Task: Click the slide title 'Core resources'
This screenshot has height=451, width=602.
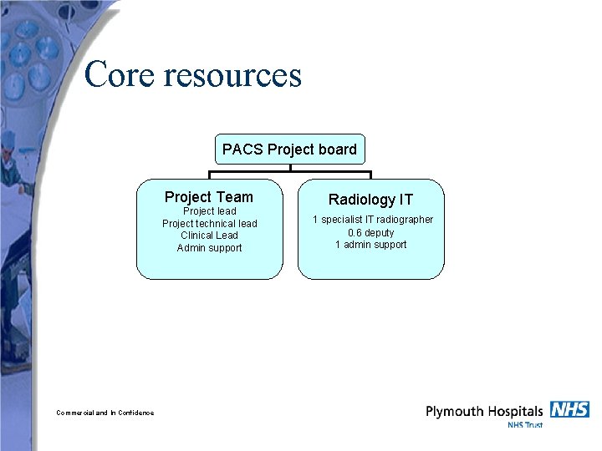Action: (192, 75)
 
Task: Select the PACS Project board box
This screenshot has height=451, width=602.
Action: (289, 149)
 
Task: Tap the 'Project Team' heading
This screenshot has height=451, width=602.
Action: (208, 197)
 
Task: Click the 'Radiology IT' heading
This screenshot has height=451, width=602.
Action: (370, 200)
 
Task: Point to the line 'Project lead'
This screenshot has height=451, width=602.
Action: (209, 211)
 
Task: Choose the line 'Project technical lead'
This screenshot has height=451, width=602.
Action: (209, 224)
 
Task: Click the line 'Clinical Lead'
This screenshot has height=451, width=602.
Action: (209, 236)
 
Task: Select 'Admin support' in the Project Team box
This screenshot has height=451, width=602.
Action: (209, 248)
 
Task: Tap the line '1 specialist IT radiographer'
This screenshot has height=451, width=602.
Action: (373, 220)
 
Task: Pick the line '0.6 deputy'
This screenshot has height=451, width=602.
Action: (370, 233)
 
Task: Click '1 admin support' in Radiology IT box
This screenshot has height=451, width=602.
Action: (370, 245)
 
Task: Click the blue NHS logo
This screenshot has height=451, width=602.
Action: (569, 409)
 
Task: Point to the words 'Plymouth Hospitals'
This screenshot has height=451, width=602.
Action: (484, 411)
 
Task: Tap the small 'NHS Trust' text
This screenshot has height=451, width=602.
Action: (525, 425)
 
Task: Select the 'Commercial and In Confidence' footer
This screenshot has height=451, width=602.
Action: (105, 413)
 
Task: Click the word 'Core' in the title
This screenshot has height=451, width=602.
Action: (120, 75)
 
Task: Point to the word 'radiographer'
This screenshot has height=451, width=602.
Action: (405, 220)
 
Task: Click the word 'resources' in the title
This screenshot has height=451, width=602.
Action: (232, 75)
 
